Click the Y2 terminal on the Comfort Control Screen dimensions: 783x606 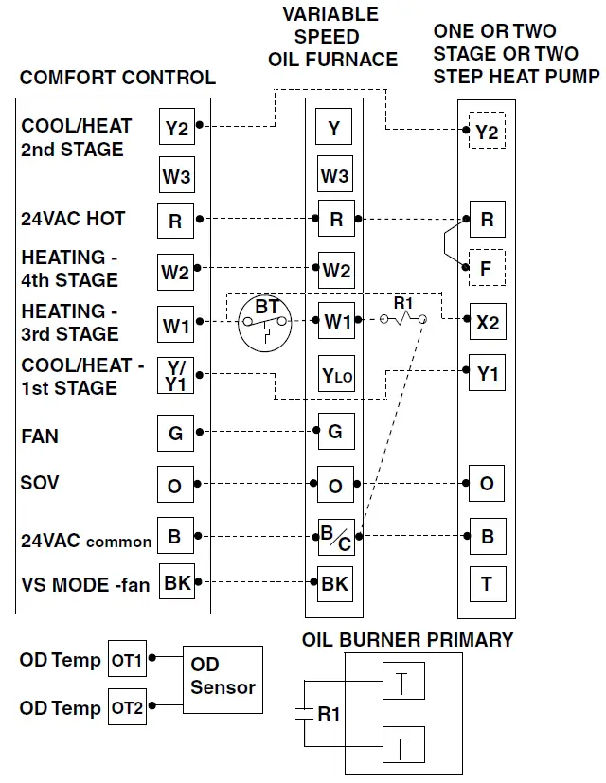click(176, 128)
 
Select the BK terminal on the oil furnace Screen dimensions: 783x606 click(334, 583)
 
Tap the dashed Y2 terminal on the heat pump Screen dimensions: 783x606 click(487, 132)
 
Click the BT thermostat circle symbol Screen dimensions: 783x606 click(267, 323)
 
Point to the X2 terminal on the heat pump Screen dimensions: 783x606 click(487, 322)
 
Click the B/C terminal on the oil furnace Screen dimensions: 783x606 click(335, 538)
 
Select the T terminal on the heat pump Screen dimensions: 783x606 click(487, 582)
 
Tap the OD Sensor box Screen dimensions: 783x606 click(223, 676)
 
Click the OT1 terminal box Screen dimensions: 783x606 click(127, 660)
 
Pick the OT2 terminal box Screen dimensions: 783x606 click(127, 707)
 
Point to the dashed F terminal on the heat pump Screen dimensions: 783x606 click(487, 267)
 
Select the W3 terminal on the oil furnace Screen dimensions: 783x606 click(334, 175)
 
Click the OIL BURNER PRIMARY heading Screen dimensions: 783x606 click(407, 640)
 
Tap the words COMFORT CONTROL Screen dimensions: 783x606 click(117, 78)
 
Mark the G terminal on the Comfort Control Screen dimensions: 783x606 click(176, 434)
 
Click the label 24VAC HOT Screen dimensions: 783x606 click(73, 219)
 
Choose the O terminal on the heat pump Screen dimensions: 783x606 click(487, 484)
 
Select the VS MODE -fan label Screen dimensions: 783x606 click(85, 584)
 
